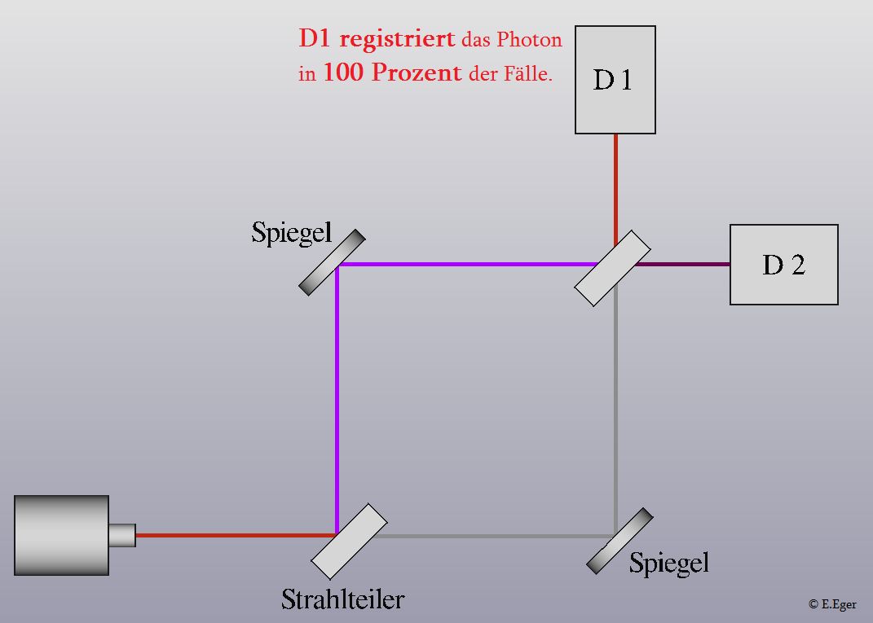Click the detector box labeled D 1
[615, 80]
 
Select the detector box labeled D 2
[784, 265]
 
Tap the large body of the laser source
[61, 535]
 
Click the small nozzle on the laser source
[122, 535]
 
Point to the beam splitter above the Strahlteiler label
[349, 542]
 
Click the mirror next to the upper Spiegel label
[332, 262]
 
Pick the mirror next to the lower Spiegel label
[619, 541]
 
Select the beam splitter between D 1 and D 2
[612, 268]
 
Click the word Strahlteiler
[343, 599]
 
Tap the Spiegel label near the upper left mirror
[292, 233]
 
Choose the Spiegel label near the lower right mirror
[669, 564]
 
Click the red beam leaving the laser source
[236, 535]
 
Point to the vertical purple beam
[337, 399]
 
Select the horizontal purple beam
[469, 264]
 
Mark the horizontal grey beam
[493, 536]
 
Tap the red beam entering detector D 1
[615, 190]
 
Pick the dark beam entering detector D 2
[682, 264]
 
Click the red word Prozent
[417, 72]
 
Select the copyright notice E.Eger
[832, 604]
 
